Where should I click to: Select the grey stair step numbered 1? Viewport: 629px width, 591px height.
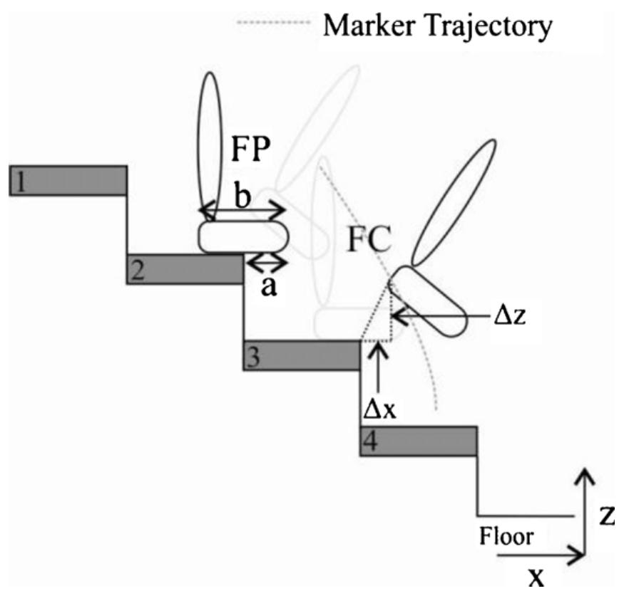click(68, 180)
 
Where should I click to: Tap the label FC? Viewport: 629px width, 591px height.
click(370, 242)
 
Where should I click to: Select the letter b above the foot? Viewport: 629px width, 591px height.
click(243, 197)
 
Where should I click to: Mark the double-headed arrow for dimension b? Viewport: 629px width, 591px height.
click(242, 210)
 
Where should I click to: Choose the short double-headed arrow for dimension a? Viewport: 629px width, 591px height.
click(266, 263)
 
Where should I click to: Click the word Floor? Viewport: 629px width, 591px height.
click(505, 535)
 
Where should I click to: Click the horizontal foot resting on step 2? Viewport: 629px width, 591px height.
click(242, 237)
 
